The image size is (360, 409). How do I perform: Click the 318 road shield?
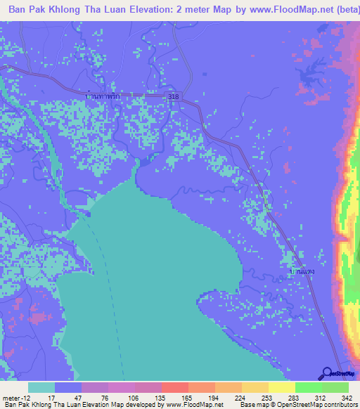[x=174, y=96]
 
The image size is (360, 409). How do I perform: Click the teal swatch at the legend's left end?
[x=41, y=388]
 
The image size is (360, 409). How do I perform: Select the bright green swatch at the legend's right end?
[x=335, y=388]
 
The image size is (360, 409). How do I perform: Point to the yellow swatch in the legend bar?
[x=281, y=388]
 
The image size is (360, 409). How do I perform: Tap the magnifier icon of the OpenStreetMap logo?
[x=326, y=373]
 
